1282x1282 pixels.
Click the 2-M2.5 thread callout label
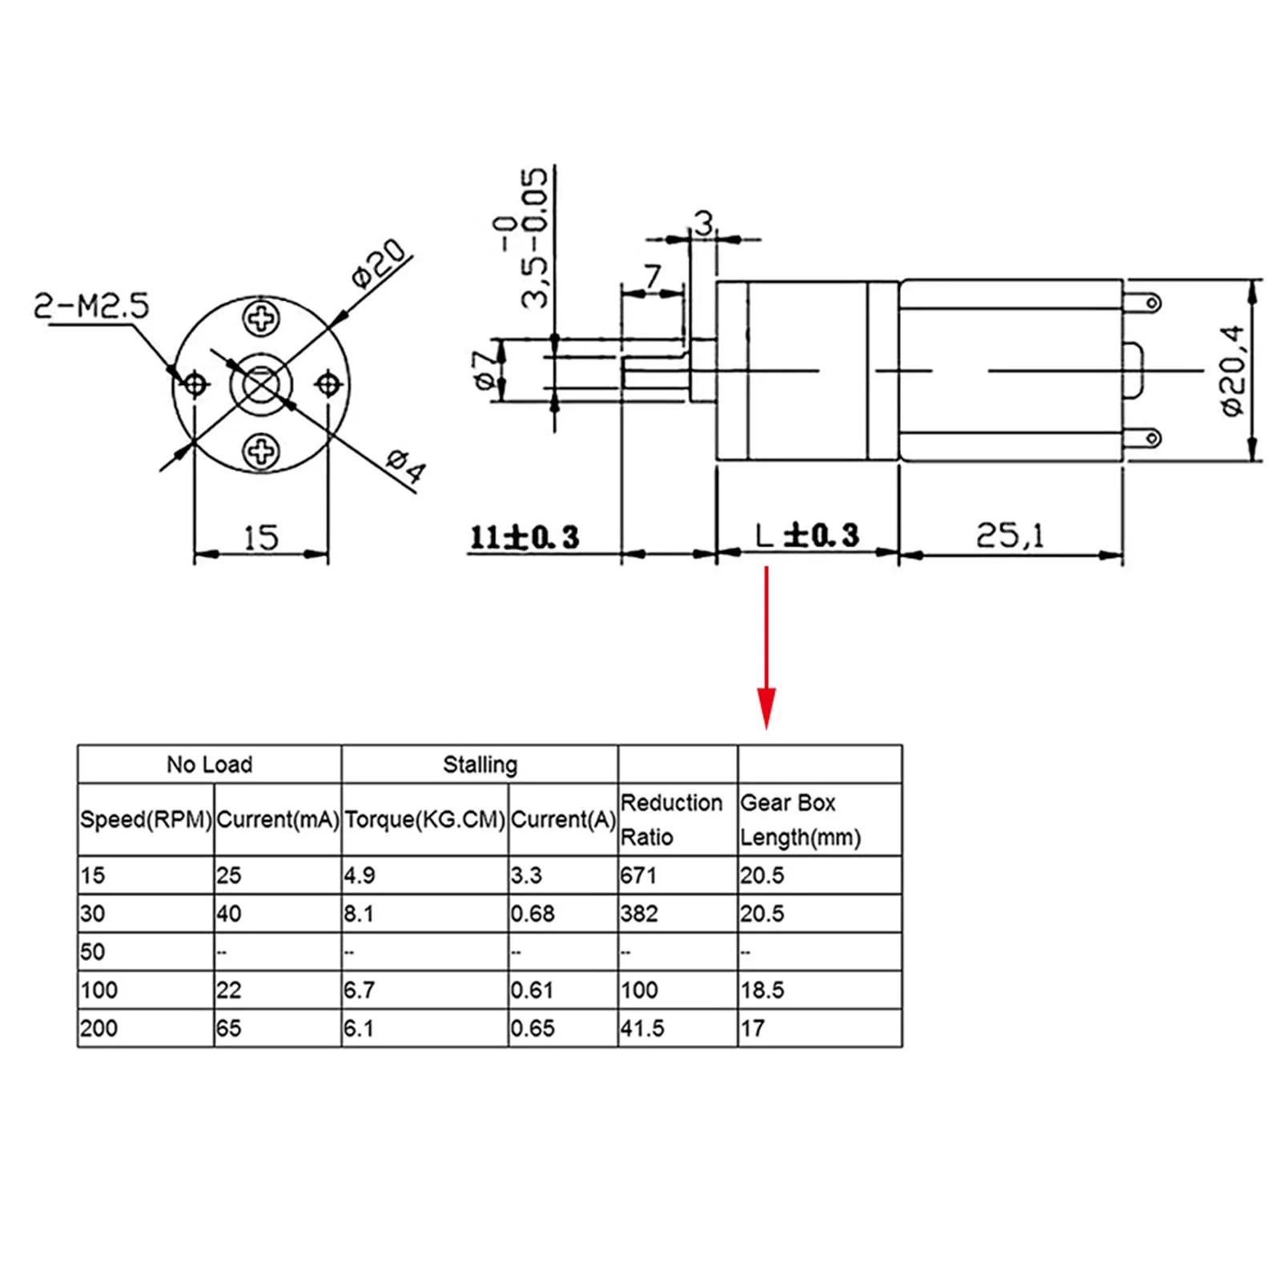[91, 306]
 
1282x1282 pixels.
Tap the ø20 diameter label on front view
[380, 263]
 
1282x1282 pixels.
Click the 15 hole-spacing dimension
[261, 537]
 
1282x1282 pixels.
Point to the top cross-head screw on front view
[261, 318]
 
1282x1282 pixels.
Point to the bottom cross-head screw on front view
[261, 452]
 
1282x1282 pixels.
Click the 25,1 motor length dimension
[1010, 535]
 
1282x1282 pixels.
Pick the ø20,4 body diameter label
[1233, 370]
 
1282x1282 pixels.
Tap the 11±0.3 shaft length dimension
[524, 537]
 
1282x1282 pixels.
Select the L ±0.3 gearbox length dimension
[807, 535]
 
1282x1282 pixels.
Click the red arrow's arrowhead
[766, 708]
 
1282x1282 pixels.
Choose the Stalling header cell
[480, 765]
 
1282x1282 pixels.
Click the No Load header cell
[209, 765]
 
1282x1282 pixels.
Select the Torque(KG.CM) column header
[424, 820]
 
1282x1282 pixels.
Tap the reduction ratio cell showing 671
[638, 875]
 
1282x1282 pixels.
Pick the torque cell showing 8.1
[359, 914]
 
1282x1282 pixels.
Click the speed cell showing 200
[99, 1028]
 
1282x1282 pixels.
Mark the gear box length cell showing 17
[753, 1028]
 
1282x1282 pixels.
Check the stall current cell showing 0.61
[532, 991]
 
